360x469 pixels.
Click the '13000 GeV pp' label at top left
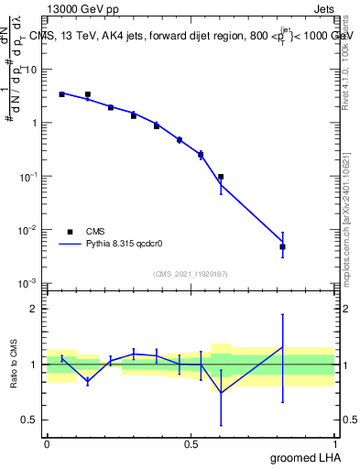pyautogui.click(x=75, y=8)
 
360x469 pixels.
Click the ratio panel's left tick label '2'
pyautogui.click(x=34, y=309)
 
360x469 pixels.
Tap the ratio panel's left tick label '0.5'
pyautogui.click(x=30, y=420)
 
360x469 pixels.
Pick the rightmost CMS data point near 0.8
pyautogui.click(x=283, y=246)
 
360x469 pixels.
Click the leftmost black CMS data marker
pyautogui.click(x=61, y=94)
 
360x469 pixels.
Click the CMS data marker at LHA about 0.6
pyautogui.click(x=221, y=177)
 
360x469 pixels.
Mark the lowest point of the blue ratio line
pyautogui.click(x=221, y=393)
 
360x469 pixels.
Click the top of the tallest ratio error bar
pyautogui.click(x=283, y=314)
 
